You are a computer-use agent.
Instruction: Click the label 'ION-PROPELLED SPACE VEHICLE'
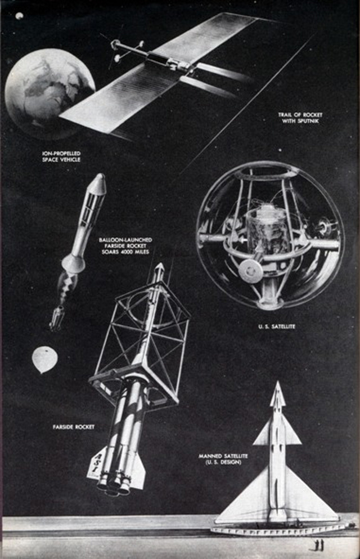coord(61,156)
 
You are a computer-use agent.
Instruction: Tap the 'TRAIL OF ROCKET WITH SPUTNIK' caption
coord(300,118)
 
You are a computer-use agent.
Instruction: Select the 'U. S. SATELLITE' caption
coord(277,326)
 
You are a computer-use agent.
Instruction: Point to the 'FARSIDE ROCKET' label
coord(74,427)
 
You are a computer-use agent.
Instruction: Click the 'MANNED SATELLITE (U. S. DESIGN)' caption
coord(223,459)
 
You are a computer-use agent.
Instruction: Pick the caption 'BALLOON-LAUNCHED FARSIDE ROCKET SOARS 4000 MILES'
coord(125,245)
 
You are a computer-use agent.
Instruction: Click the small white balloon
coord(44,360)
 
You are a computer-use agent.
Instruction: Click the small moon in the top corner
coord(19,16)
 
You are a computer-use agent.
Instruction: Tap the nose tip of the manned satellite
coord(278,382)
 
